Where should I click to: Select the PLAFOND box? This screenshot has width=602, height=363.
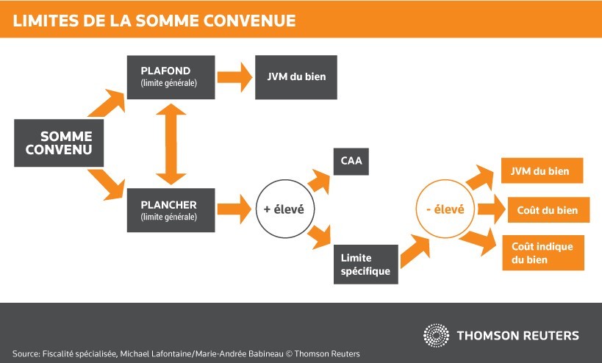tap(171, 77)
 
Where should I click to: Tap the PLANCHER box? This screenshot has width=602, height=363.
tap(171, 209)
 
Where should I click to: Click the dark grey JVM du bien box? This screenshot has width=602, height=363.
tap(295, 77)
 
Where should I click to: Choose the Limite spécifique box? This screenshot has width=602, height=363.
tap(366, 265)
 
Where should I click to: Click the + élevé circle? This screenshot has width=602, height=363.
tap(284, 209)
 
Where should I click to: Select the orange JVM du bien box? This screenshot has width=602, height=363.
tap(542, 170)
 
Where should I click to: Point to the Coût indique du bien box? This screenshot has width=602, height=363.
tap(542, 252)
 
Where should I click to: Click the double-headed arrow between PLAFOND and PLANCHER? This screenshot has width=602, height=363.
tap(171, 144)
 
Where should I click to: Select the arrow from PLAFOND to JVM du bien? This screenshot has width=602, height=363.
tap(235, 77)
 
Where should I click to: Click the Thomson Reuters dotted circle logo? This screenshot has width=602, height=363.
tap(436, 335)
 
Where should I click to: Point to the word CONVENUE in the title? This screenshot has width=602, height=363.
tap(251, 20)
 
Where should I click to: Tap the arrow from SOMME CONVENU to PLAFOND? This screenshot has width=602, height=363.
tap(107, 103)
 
